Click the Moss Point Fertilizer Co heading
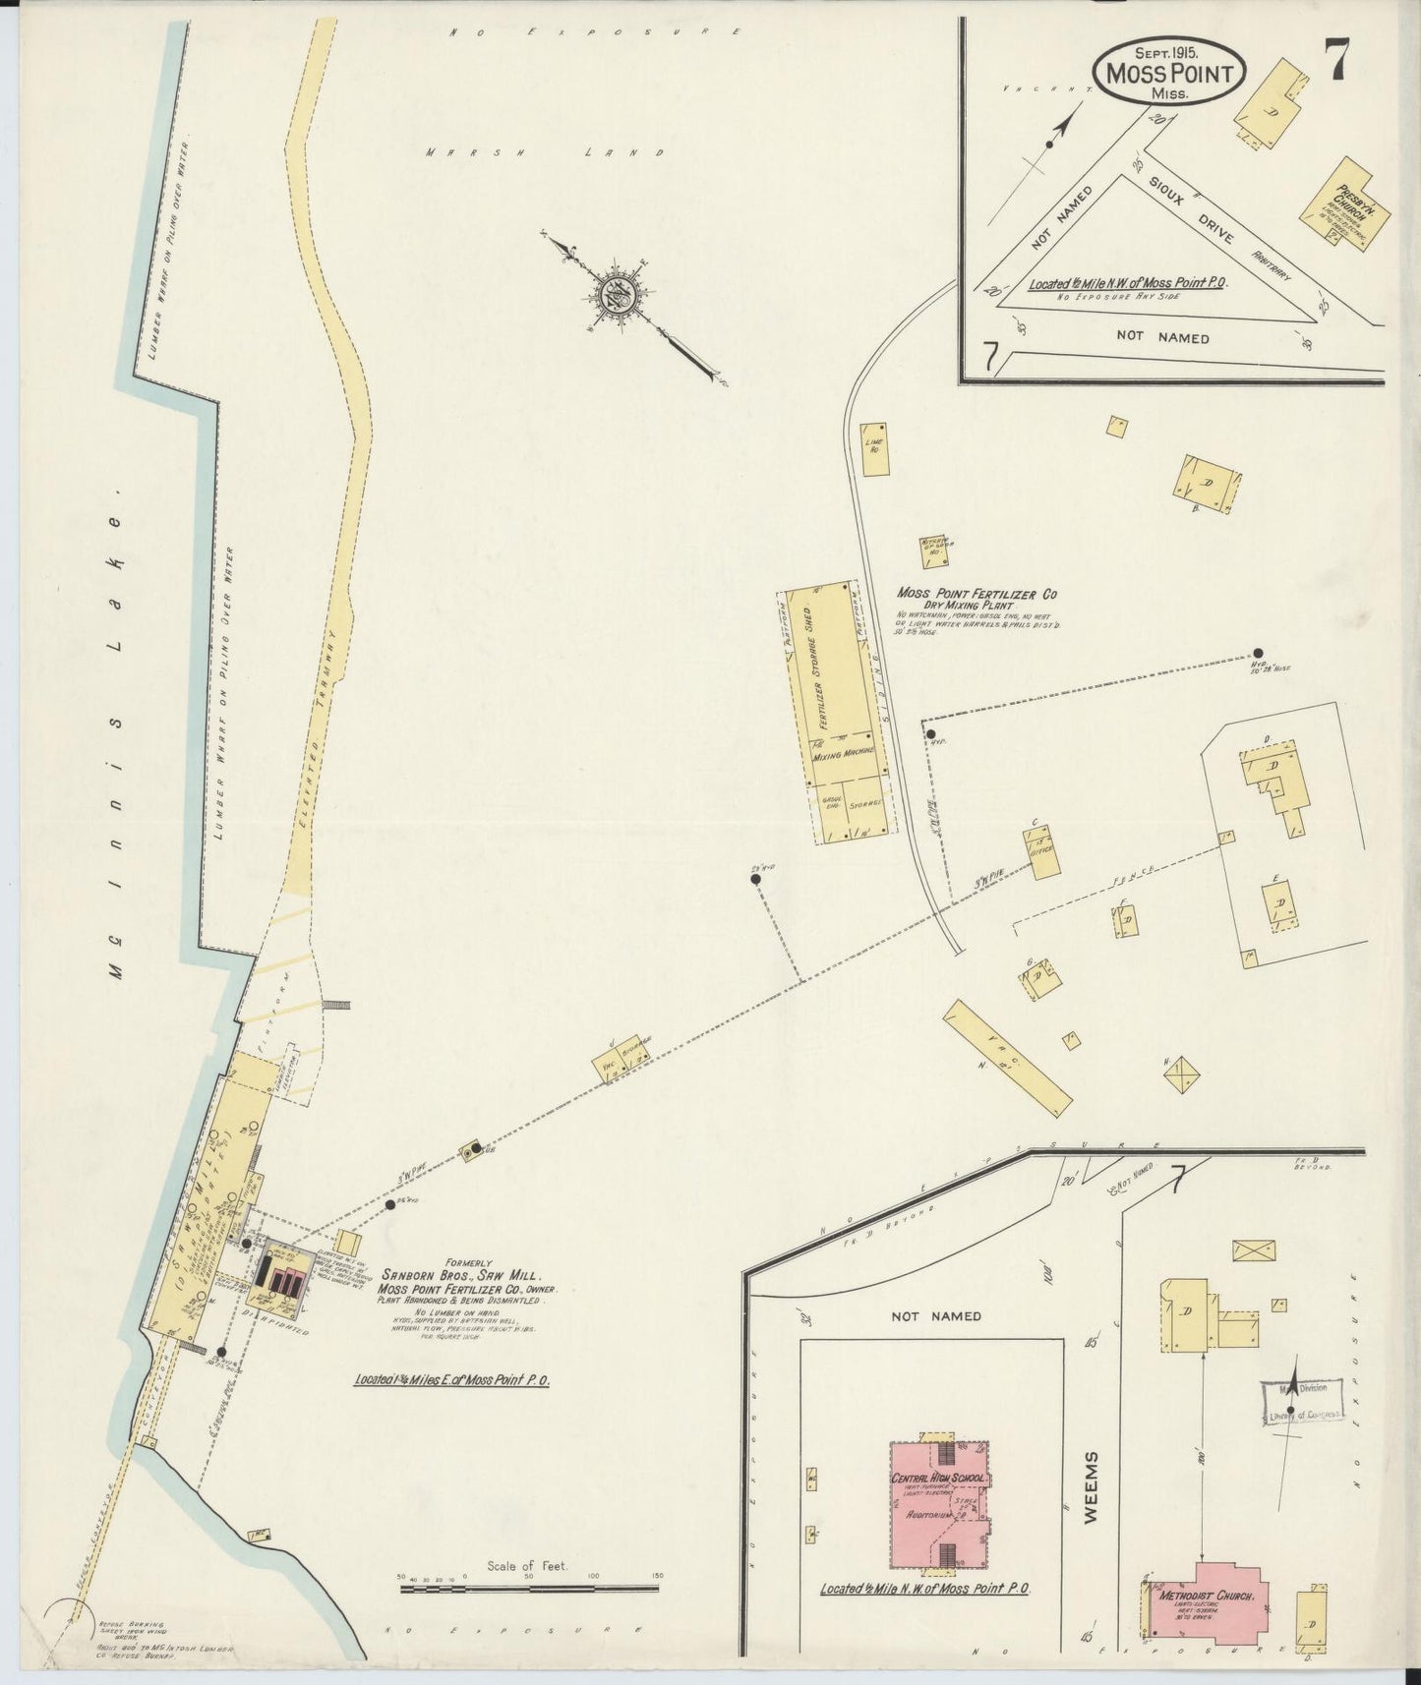point(977,594)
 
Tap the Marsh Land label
point(547,152)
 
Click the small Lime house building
point(872,450)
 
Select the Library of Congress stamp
point(1302,1401)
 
